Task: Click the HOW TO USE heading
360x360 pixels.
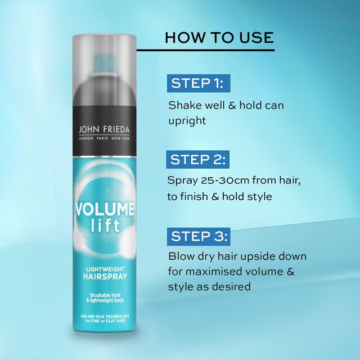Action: point(219,38)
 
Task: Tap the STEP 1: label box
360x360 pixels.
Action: point(197,84)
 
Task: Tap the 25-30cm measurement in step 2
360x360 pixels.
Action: point(228,181)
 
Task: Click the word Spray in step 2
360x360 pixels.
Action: point(184,181)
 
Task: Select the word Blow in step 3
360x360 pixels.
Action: point(182,256)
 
